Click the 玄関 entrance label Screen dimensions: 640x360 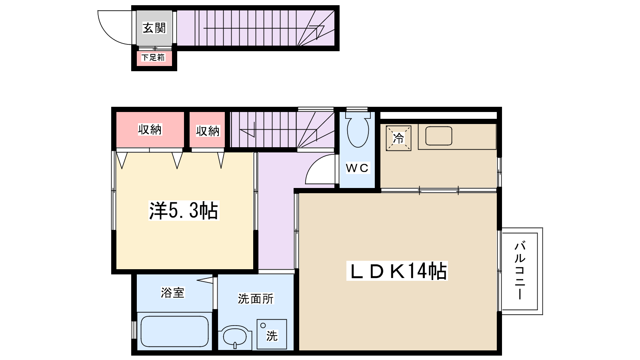click(x=154, y=28)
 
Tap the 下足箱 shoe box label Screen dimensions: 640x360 click(x=153, y=58)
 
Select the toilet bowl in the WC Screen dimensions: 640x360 click(x=358, y=132)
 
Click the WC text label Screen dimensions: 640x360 click(x=357, y=168)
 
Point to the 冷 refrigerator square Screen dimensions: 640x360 click(x=398, y=138)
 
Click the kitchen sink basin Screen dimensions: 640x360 click(x=438, y=136)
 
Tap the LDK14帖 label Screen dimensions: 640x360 click(x=397, y=271)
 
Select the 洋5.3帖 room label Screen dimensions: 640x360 click(x=184, y=210)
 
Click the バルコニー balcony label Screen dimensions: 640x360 click(x=520, y=270)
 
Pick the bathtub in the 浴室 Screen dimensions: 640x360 click(x=174, y=332)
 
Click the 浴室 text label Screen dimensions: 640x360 click(x=172, y=292)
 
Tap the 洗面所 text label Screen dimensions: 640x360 click(x=256, y=298)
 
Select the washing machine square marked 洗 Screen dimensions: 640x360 click(x=272, y=334)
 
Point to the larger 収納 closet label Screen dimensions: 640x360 click(x=150, y=130)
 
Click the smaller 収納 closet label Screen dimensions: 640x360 click(x=208, y=131)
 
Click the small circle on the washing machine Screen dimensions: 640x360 click(x=263, y=326)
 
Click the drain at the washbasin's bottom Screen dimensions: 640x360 click(x=235, y=345)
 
